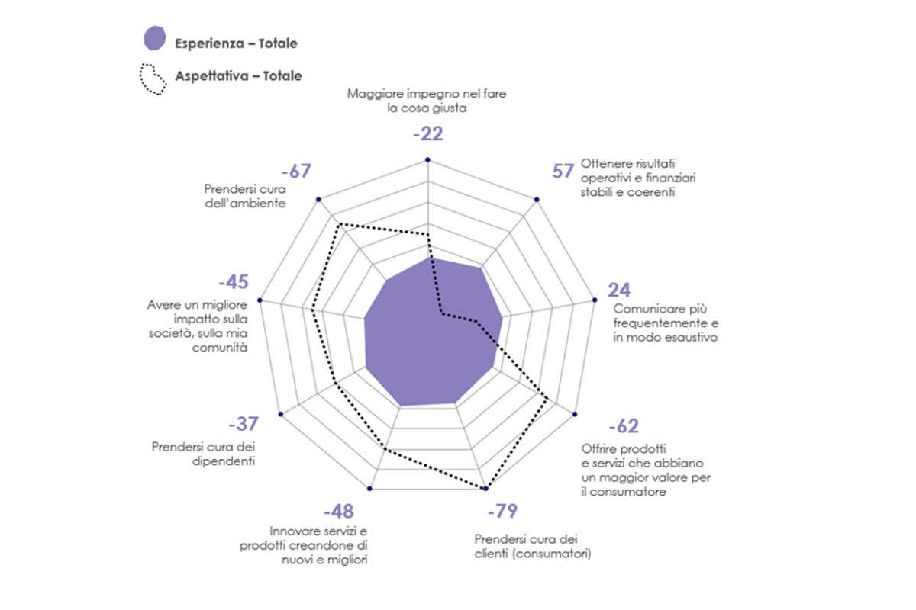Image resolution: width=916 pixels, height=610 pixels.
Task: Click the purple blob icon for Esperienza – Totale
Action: coord(154,39)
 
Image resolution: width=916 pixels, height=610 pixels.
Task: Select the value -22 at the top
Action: coord(427,134)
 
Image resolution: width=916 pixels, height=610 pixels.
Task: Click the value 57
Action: coord(563,171)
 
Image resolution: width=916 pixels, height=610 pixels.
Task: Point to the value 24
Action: coord(618,290)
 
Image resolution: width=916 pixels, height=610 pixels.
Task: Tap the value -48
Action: coord(338,511)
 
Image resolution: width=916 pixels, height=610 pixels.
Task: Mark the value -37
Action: coord(244,424)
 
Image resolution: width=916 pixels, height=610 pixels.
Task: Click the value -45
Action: coord(233,282)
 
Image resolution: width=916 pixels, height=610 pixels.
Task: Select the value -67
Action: coord(295,171)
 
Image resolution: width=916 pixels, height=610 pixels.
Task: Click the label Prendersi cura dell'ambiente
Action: coord(245,196)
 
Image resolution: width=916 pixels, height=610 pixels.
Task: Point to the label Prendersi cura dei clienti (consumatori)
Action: coord(533,546)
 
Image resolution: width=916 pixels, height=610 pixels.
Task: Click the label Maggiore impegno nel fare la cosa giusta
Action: coord(427,101)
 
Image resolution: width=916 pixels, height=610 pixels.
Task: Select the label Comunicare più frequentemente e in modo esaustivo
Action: coord(666,323)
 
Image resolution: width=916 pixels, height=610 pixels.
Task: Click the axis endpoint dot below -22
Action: coord(427,160)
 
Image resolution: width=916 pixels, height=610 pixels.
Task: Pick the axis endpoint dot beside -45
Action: coord(261,300)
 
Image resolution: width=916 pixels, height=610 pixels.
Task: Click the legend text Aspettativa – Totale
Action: coord(238,76)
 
